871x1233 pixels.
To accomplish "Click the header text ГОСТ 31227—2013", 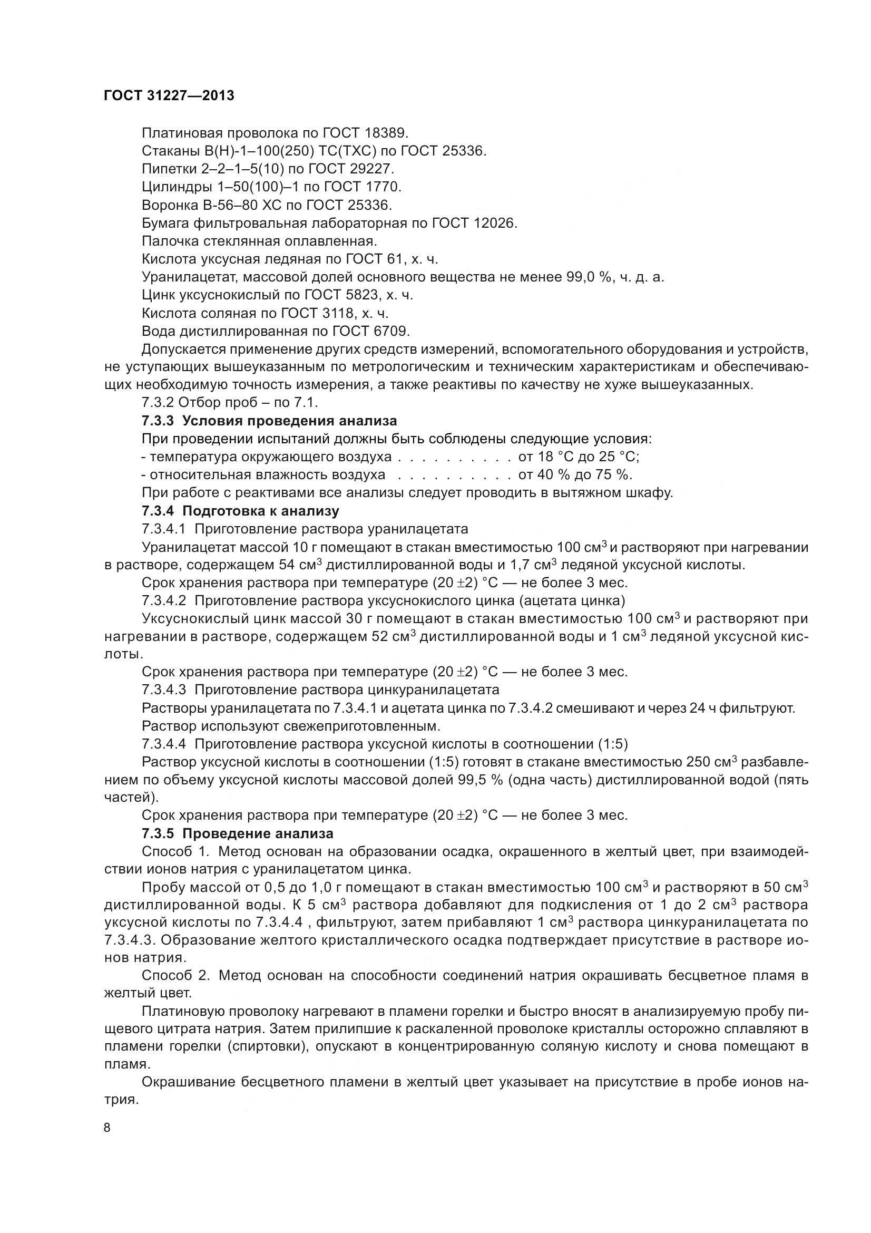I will pos(169,95).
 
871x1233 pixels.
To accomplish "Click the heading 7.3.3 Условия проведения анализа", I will pos(269,421).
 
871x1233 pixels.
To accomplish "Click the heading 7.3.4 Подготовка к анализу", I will pos(240,510).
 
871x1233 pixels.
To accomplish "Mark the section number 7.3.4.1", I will pos(164,528).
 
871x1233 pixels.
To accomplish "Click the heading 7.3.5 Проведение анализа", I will pos(238,833).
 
